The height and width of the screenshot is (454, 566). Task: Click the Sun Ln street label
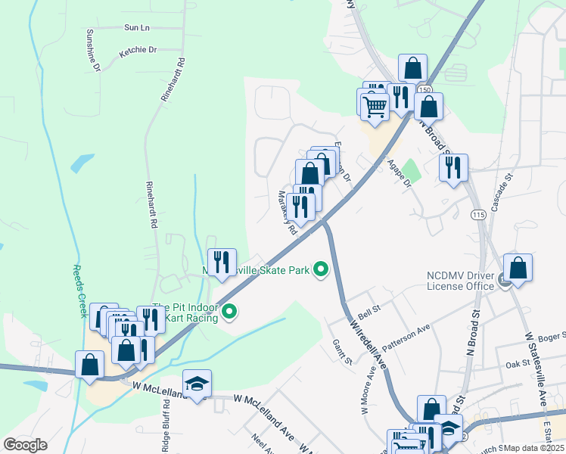pyautogui.click(x=137, y=27)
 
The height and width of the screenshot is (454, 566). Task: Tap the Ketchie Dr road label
pyautogui.click(x=137, y=51)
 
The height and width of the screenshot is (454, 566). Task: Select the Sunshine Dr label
pyautogui.click(x=92, y=51)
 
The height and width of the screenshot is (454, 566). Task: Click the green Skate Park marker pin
pyautogui.click(x=321, y=269)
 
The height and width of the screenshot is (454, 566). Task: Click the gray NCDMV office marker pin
pyautogui.click(x=505, y=282)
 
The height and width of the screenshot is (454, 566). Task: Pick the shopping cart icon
pyautogui.click(x=374, y=105)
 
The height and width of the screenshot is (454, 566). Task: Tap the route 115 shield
pyautogui.click(x=477, y=216)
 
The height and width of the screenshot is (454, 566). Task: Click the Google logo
pyautogui.click(x=25, y=445)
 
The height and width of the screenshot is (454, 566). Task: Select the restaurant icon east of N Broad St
pyautogui.click(x=453, y=168)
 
